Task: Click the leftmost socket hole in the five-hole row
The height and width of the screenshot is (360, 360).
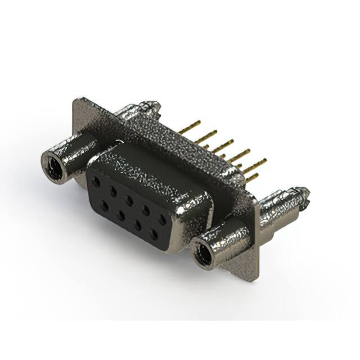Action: (96, 183)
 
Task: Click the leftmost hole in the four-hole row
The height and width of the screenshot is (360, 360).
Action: (104, 206)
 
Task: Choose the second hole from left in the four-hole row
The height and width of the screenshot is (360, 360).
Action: (121, 215)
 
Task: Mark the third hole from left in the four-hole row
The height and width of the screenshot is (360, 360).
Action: (137, 224)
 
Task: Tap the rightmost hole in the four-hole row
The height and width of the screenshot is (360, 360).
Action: (152, 232)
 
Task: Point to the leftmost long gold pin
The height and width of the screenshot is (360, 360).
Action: (190, 127)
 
